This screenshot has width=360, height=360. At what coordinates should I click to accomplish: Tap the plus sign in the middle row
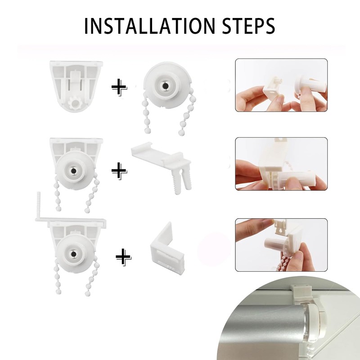pos(119,171)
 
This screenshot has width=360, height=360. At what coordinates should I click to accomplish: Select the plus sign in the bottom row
pos(123,257)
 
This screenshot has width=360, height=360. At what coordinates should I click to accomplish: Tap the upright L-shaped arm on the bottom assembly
pos(39,205)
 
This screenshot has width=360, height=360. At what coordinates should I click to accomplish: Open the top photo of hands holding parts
pos(281,85)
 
